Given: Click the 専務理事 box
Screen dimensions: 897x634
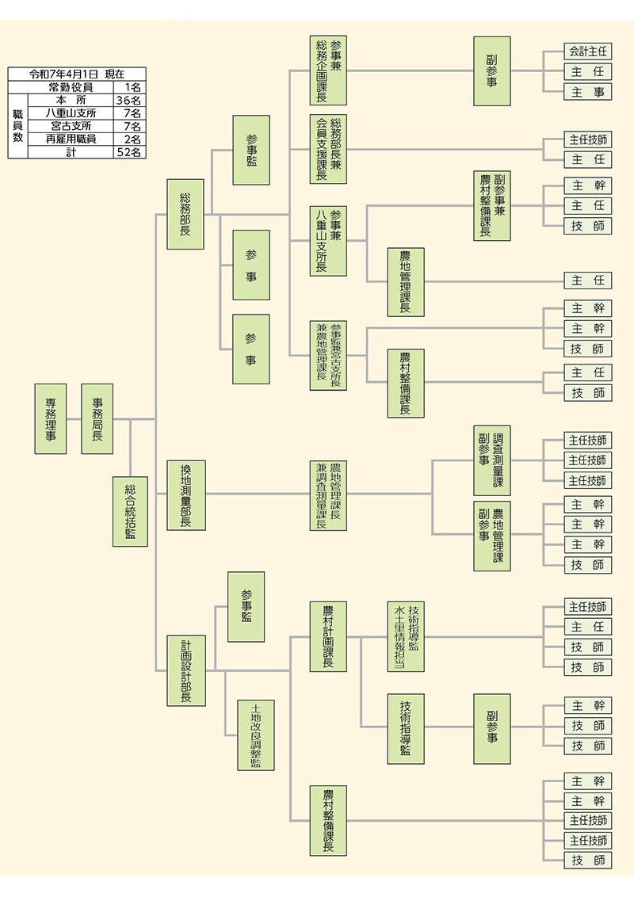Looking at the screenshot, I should [51, 418].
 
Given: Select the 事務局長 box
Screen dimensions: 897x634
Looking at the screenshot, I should [97, 418].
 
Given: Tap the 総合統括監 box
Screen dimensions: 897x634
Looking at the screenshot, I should [130, 512].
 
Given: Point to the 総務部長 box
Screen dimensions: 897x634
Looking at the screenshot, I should [186, 214].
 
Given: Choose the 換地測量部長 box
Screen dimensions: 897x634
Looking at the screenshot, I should [186, 494].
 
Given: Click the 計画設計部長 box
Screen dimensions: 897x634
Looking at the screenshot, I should [186, 670].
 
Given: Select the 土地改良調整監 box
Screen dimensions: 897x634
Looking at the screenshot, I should [256, 735].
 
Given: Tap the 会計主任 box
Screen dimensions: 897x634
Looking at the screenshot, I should [588, 51].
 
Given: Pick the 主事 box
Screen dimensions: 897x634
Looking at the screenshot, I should [588, 92].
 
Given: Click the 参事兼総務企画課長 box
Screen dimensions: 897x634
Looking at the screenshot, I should [328, 71].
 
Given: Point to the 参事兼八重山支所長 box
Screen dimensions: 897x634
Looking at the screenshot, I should [328, 241].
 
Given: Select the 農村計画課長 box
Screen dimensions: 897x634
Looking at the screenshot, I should [328, 636].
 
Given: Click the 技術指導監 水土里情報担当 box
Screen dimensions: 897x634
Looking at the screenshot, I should [406, 636].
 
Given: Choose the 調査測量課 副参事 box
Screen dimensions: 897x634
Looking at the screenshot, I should [492, 460].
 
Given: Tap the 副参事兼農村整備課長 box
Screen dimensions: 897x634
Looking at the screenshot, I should [492, 205].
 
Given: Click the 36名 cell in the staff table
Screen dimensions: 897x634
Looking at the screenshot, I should [128, 101].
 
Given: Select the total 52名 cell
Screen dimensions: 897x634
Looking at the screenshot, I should [128, 153].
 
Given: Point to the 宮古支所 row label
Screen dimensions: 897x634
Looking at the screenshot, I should [71, 127].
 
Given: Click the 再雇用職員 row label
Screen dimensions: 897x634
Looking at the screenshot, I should [71, 139].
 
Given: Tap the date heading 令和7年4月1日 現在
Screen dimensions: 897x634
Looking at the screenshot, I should [76, 74].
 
